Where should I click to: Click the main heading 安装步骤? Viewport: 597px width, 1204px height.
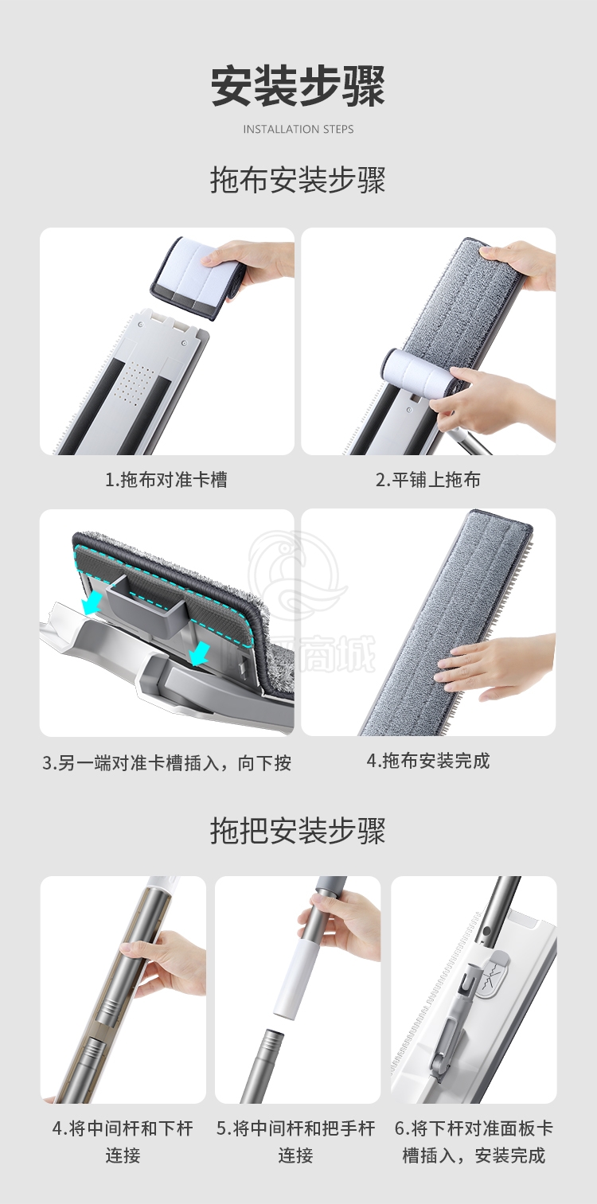[298, 86]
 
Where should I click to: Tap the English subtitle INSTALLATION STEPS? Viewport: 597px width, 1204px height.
[298, 129]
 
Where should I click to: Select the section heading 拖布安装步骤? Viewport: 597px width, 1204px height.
[298, 180]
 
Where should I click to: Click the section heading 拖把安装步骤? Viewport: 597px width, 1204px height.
[298, 831]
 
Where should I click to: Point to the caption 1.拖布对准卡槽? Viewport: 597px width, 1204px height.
[166, 479]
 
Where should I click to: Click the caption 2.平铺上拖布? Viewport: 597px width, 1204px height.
[428, 479]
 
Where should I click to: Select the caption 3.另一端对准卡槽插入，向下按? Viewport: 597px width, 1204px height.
[166, 762]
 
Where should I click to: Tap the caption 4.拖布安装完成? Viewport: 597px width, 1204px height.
[428, 761]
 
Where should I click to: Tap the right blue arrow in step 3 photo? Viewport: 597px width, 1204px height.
[199, 652]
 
